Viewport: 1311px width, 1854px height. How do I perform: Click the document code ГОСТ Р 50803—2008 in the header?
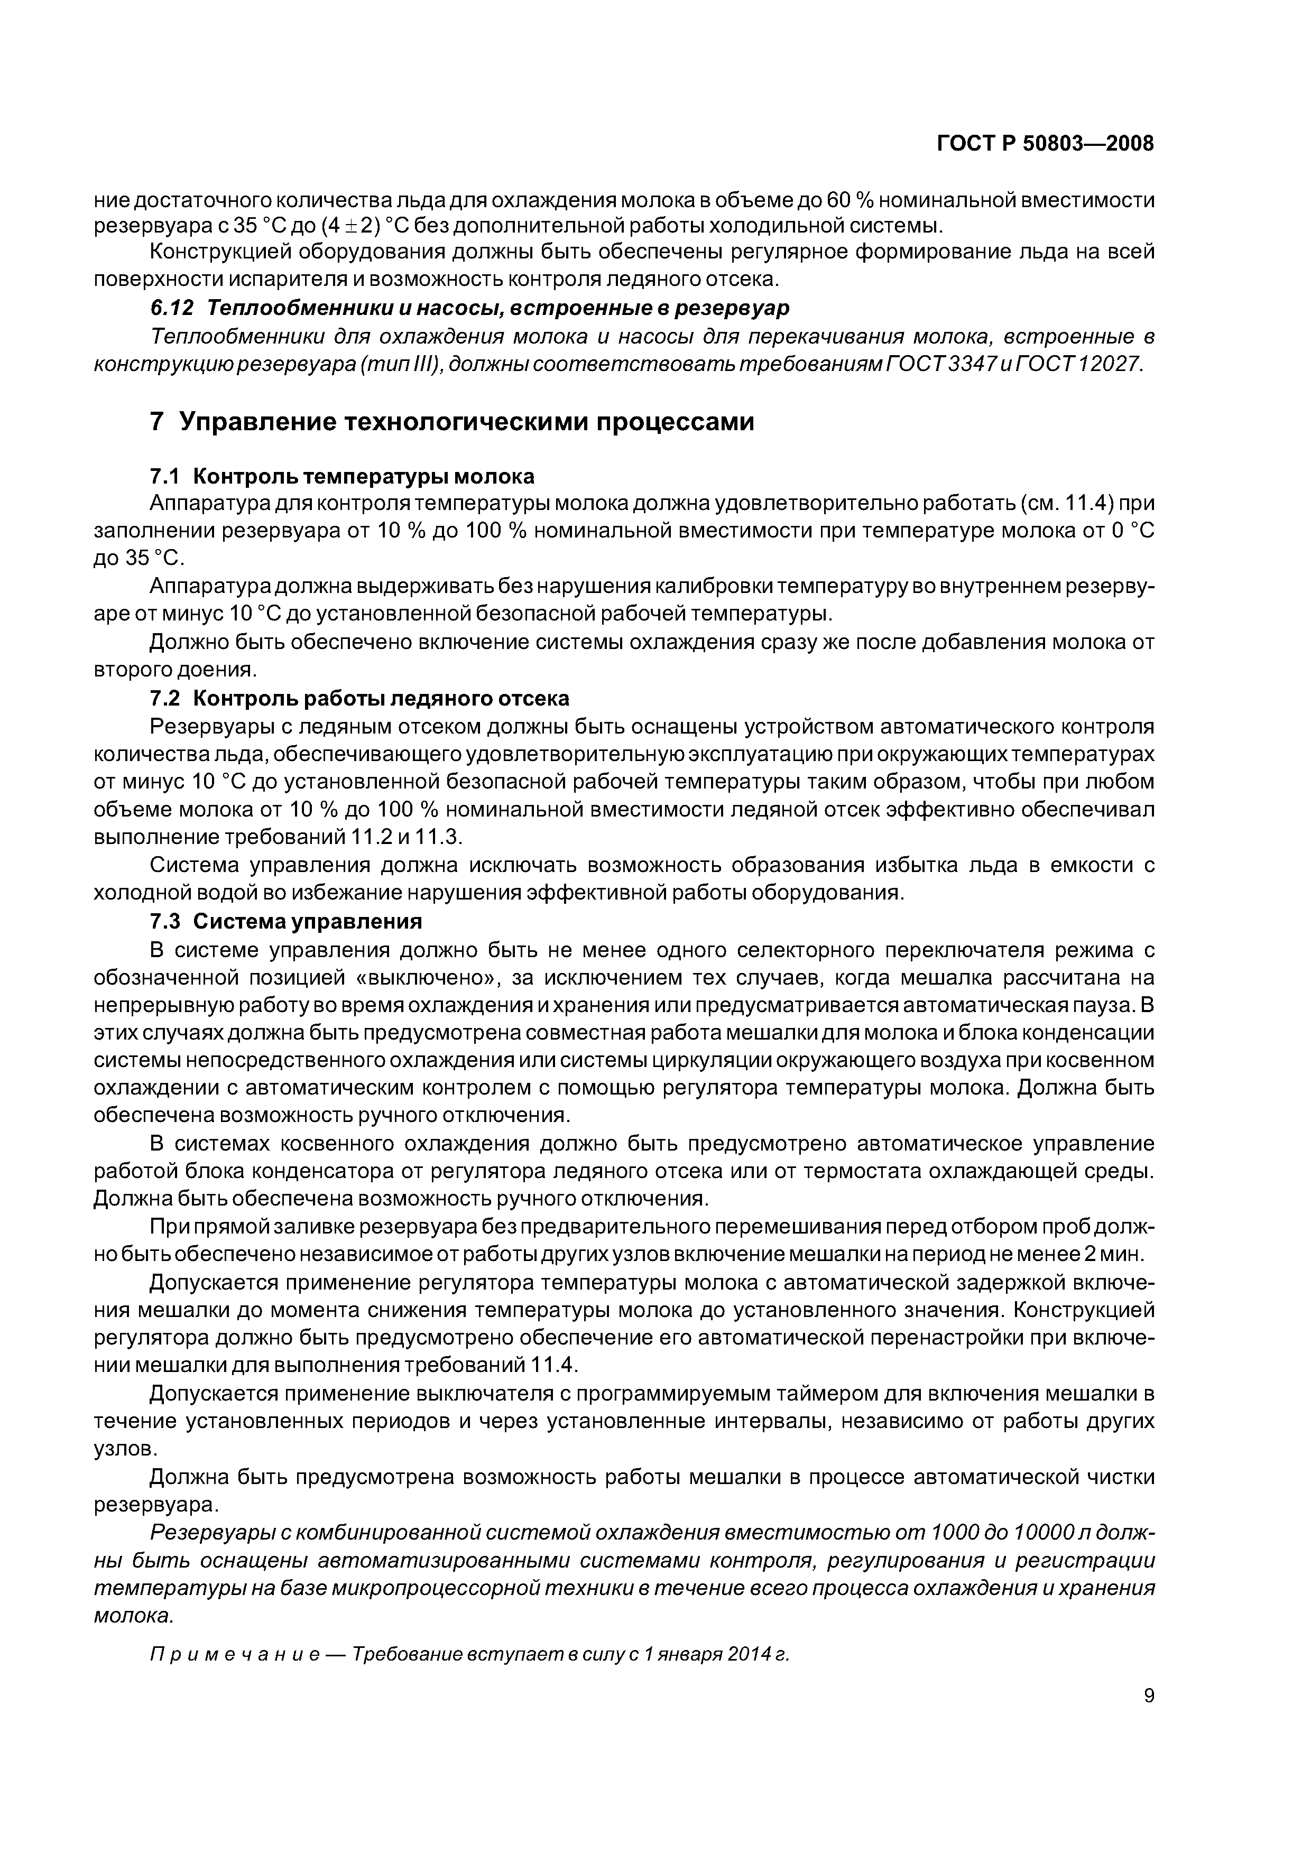coord(1045,144)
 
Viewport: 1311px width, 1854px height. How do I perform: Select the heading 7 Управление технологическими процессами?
coord(453,422)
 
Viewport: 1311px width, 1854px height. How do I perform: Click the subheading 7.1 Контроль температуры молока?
coord(343,476)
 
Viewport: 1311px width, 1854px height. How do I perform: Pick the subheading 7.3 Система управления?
coord(287,921)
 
